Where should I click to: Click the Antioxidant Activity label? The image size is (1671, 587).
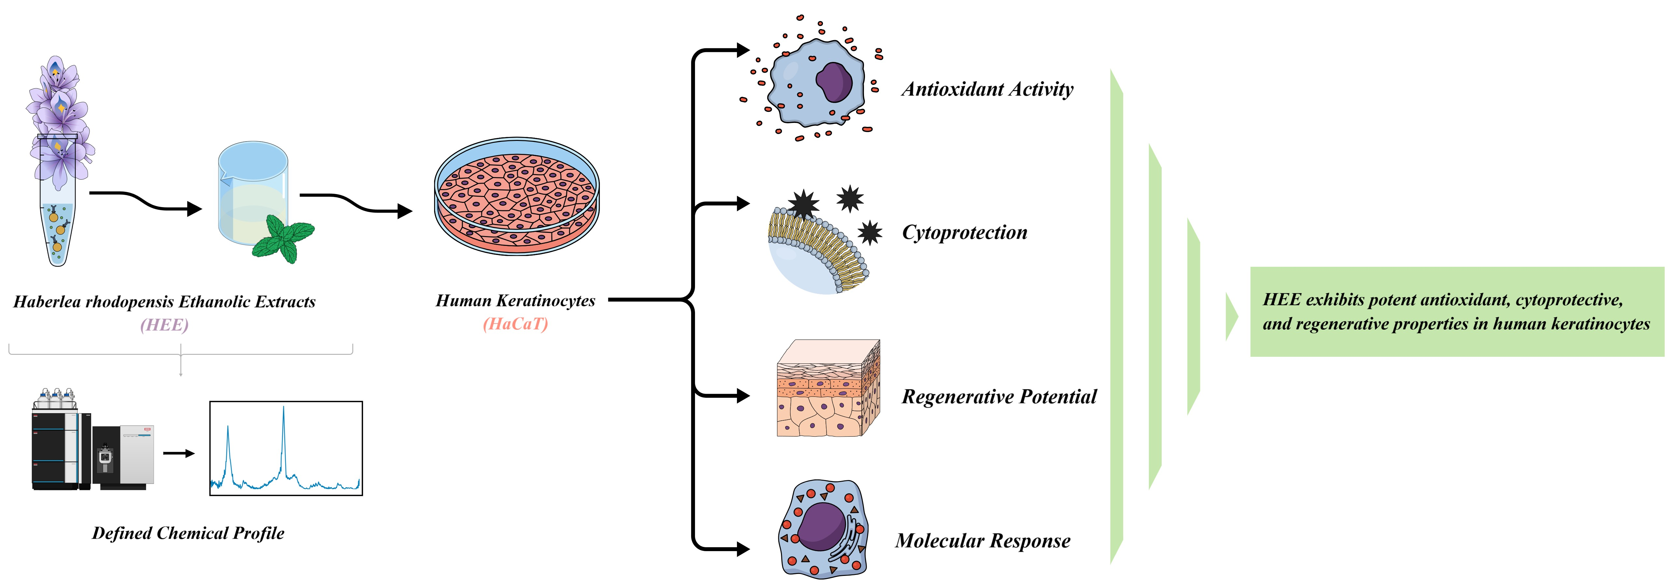tap(987, 89)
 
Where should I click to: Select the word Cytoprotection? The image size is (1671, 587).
tap(965, 233)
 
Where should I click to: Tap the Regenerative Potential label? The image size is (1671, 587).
tap(999, 397)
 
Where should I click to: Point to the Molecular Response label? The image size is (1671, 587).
tap(983, 541)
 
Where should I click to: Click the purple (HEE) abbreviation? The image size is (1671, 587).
tap(165, 324)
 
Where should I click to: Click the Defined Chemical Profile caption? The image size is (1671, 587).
tap(188, 533)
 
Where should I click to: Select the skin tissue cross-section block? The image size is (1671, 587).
tap(828, 388)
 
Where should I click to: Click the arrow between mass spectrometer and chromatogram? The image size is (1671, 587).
tap(179, 453)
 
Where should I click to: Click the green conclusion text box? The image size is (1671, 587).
tap(1457, 312)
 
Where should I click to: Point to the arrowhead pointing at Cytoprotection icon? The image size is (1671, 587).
tap(743, 204)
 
